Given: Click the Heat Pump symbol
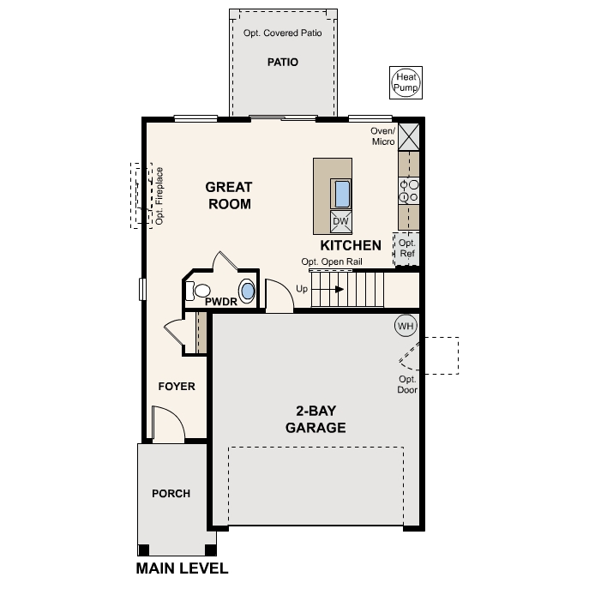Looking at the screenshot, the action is tap(406, 82).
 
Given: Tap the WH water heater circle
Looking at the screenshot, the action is tap(406, 326).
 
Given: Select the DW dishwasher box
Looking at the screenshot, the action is tap(340, 221).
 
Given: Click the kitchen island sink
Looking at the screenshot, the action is tap(342, 194).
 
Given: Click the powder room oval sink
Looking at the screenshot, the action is tap(247, 291).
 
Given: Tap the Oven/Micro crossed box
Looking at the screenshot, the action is tap(409, 136).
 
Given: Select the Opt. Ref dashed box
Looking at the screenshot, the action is tap(406, 249).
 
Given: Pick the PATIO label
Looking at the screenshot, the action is tap(282, 62).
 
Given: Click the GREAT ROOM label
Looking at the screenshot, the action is tap(229, 195).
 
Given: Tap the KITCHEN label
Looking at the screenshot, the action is tap(351, 245).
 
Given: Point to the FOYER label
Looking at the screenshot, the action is tap(177, 386).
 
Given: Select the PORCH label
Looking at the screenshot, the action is tap(171, 493).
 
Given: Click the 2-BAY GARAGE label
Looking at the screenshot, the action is tap(316, 419).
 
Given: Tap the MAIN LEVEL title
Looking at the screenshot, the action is tap(182, 568).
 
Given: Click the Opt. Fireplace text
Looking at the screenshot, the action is tap(159, 196).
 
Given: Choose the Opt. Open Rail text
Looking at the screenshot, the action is tap(332, 261).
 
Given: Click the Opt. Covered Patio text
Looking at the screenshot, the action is tap(282, 33).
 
